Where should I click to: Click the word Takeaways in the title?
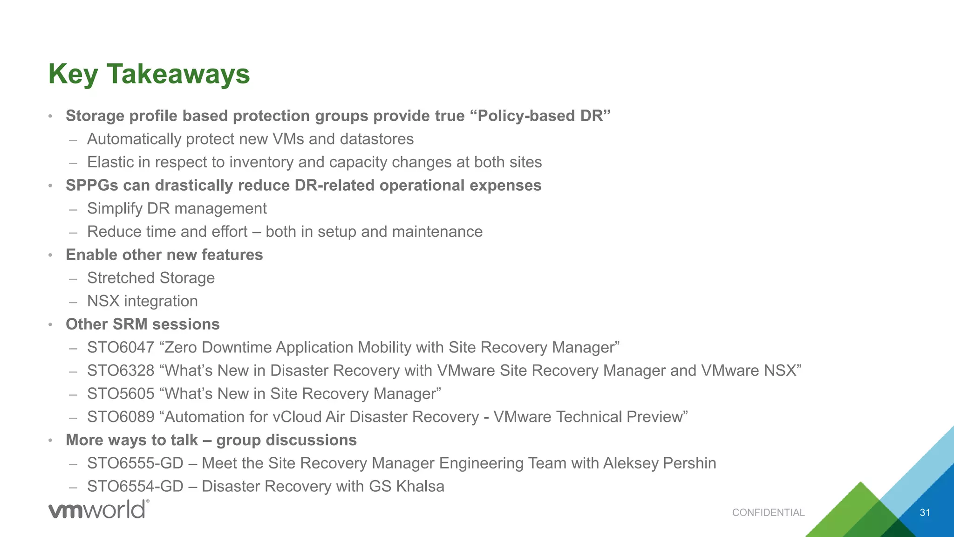click(178, 74)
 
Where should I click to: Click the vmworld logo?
click(99, 509)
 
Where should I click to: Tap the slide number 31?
click(925, 513)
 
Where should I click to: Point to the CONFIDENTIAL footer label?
click(768, 513)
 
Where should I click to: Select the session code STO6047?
click(121, 348)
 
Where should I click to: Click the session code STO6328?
click(121, 371)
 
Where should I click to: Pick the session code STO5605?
click(121, 394)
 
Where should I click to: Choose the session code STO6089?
click(121, 417)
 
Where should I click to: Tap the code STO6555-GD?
click(135, 463)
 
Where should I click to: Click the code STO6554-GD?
click(135, 487)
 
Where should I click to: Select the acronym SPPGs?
click(92, 186)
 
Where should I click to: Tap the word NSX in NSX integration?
click(103, 301)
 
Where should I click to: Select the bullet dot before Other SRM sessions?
click(50, 325)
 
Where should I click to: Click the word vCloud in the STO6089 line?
click(297, 417)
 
